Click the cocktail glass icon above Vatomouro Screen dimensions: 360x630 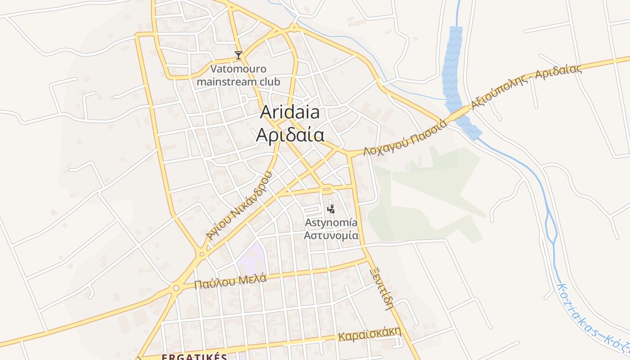[238, 55]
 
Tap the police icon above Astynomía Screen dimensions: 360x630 [331, 209]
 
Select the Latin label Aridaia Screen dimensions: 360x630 [290, 112]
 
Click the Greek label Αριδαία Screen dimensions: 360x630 [290, 135]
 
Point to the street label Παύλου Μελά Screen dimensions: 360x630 [230, 281]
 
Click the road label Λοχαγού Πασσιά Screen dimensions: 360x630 [405, 137]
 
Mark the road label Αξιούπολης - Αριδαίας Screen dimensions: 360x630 [526, 87]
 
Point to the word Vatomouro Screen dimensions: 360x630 [238, 69]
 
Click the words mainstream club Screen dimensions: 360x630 [238, 82]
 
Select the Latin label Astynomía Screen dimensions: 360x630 [331, 222]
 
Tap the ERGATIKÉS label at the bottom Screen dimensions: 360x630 [194, 357]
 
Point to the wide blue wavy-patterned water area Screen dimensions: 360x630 [453, 67]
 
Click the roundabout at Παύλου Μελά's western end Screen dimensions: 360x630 [176, 288]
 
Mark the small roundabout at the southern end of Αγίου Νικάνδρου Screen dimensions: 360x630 [202, 254]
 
